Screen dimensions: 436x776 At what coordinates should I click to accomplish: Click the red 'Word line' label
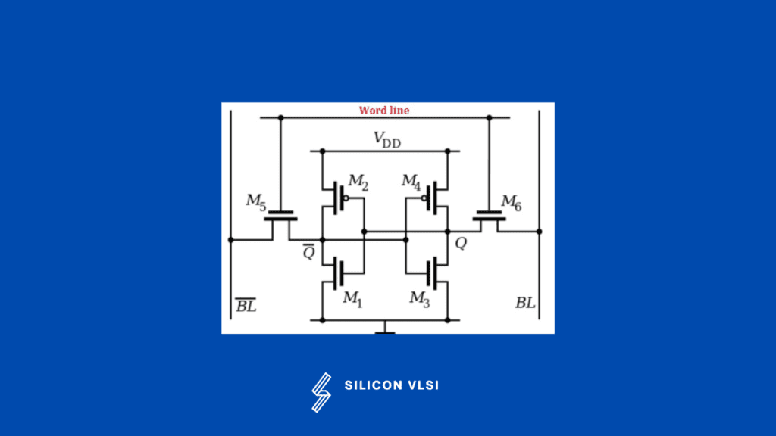pyautogui.click(x=384, y=111)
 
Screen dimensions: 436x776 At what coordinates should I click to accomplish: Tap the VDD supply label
pyautogui.click(x=387, y=139)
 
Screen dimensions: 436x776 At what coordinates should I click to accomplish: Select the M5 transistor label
pyautogui.click(x=256, y=201)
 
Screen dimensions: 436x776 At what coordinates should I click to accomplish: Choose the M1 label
pyautogui.click(x=352, y=299)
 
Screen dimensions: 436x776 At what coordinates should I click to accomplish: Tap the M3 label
pyautogui.click(x=420, y=299)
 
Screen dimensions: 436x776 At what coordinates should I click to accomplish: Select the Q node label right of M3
pyautogui.click(x=461, y=244)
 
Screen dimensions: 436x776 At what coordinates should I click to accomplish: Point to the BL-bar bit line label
pyautogui.click(x=246, y=305)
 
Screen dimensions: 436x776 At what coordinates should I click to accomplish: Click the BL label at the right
pyautogui.click(x=525, y=303)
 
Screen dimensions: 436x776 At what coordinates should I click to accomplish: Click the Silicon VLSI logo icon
pyautogui.click(x=321, y=392)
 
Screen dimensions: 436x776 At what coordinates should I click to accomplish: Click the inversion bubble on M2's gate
pyautogui.click(x=346, y=198)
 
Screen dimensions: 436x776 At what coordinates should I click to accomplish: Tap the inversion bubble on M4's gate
pyautogui.click(x=425, y=198)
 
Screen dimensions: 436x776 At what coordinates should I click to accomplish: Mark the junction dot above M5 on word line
pyautogui.click(x=280, y=117)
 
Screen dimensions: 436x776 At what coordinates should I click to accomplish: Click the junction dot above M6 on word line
pyautogui.click(x=489, y=117)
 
